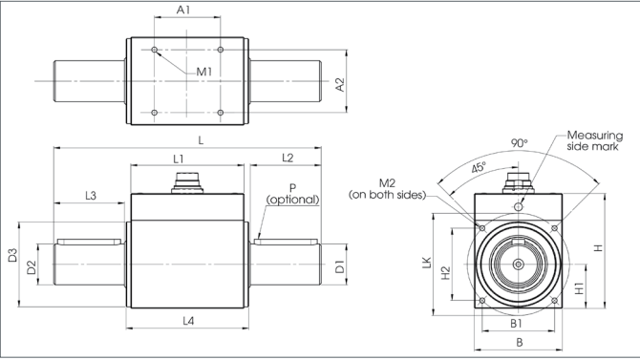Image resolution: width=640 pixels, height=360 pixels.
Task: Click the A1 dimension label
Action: click(183, 10)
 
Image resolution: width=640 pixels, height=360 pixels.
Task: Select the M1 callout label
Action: click(204, 73)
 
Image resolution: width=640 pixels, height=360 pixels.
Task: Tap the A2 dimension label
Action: click(340, 85)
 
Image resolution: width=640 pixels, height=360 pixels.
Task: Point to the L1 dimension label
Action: click(179, 159)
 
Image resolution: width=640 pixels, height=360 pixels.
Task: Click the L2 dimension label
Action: click(288, 158)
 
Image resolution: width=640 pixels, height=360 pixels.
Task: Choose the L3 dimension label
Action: click(91, 196)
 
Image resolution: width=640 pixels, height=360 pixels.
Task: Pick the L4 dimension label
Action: click(188, 321)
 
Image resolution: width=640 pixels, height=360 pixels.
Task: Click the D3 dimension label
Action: click(13, 256)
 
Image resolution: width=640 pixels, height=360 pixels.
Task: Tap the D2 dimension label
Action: click(32, 267)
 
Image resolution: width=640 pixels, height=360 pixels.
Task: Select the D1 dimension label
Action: click(340, 266)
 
